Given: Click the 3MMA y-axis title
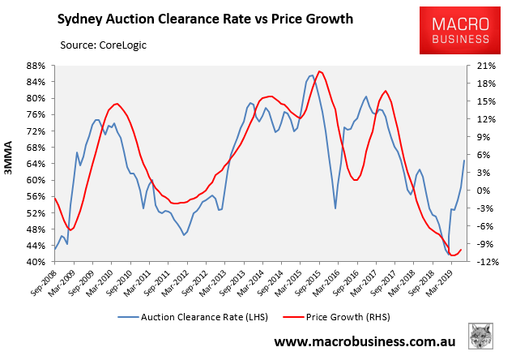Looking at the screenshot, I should pyautogui.click(x=12, y=163).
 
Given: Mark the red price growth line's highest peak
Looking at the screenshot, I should pyautogui.click(x=321, y=71).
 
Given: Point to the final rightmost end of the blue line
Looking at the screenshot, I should pyautogui.click(x=464, y=161).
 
